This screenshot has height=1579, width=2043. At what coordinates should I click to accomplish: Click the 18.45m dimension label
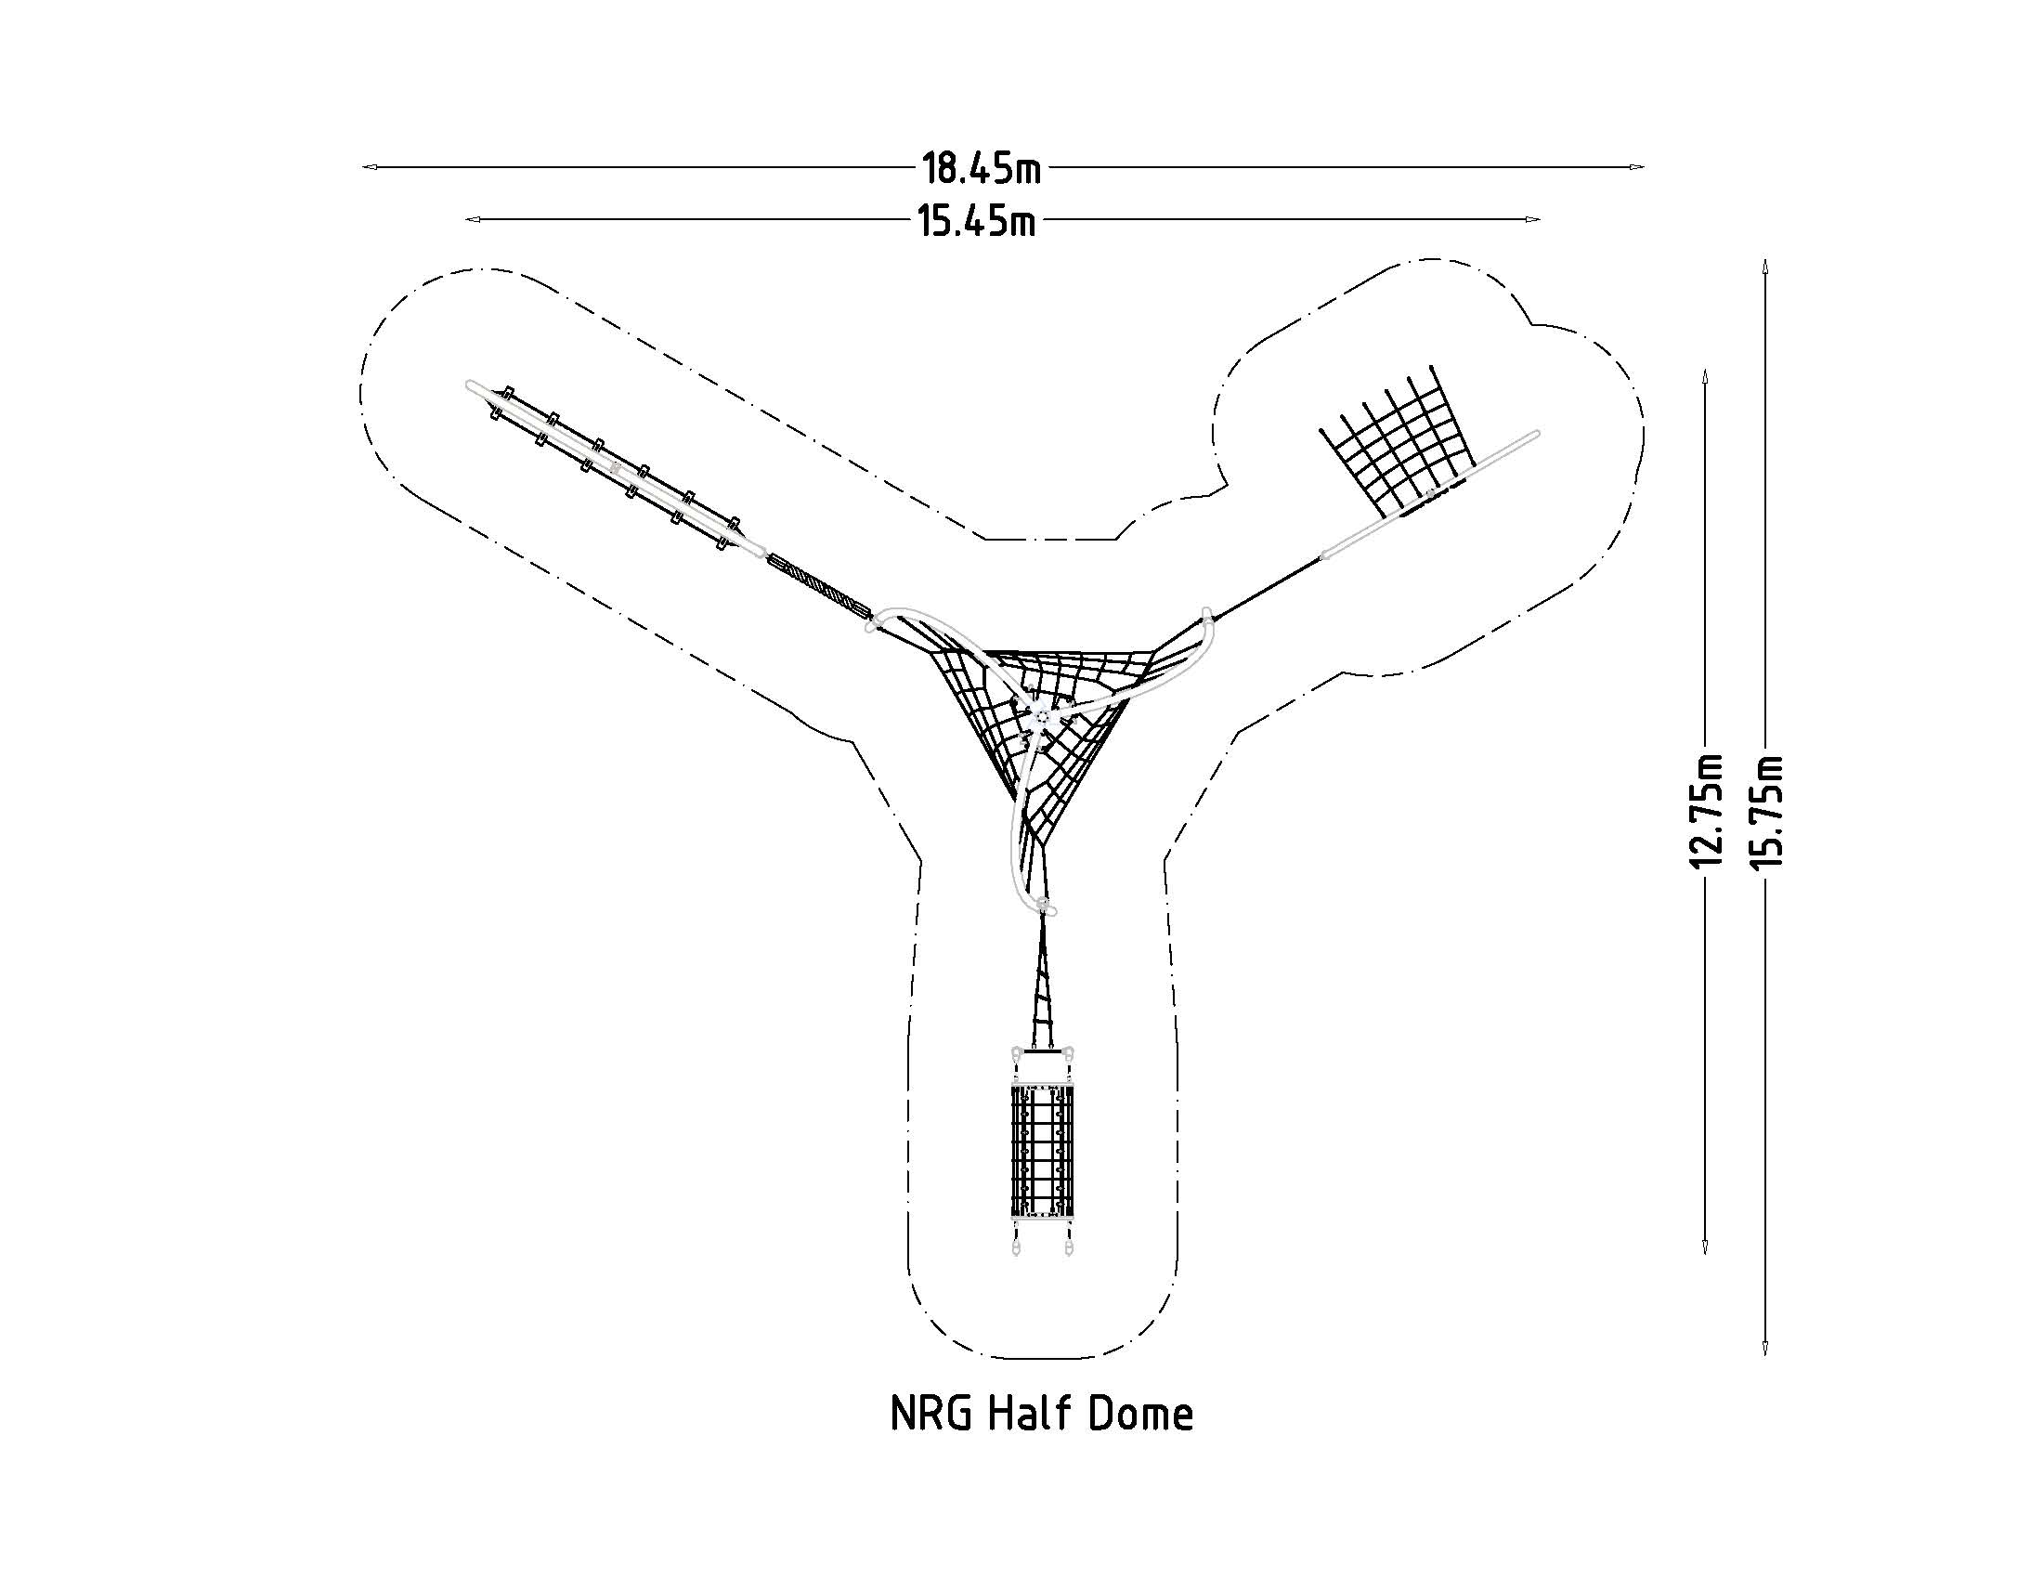click(981, 169)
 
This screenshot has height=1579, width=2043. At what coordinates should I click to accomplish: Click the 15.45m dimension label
click(976, 222)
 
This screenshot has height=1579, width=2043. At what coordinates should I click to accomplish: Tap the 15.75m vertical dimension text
click(1766, 810)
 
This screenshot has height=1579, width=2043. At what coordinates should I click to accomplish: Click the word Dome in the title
click(1140, 1414)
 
